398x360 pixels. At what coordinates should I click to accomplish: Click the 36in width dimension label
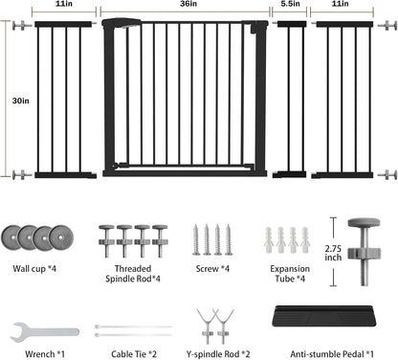point(188,4)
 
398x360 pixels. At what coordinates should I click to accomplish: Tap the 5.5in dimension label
point(290,4)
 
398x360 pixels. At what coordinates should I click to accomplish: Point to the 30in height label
point(21,101)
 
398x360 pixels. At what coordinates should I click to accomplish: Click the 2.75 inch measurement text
point(333,253)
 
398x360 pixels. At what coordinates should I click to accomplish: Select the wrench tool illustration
point(44,332)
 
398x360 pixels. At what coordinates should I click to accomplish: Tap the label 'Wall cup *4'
point(34,269)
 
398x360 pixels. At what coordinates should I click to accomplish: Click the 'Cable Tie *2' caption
point(134,354)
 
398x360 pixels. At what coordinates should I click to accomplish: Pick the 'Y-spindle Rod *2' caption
point(218,354)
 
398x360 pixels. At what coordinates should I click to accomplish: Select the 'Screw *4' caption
point(212,269)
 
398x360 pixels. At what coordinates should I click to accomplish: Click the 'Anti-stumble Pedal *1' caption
point(332,354)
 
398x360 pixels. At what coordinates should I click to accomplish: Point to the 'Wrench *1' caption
point(45,354)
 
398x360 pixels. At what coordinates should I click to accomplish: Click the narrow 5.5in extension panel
point(290,100)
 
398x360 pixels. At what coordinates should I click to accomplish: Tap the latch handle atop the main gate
point(122,23)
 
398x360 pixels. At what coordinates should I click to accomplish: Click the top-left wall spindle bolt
point(22,25)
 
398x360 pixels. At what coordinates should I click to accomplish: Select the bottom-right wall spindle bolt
point(387,174)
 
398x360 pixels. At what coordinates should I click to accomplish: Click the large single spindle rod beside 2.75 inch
point(365,252)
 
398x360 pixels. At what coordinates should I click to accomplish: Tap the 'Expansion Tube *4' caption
point(290,274)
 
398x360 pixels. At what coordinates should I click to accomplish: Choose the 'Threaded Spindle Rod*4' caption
point(133,274)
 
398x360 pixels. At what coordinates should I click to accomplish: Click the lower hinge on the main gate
point(120,166)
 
